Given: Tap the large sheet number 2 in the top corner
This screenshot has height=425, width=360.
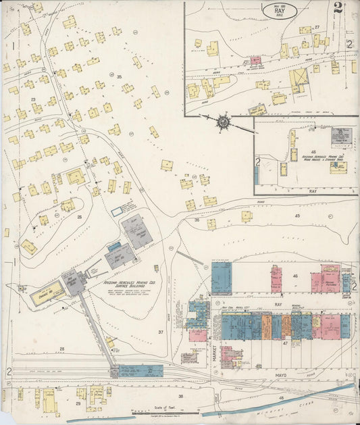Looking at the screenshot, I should point(337,9).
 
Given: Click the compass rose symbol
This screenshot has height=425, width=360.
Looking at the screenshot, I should point(224,122).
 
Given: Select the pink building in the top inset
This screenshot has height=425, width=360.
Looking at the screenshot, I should point(256,61).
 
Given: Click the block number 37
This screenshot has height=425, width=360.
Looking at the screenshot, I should point(161,332).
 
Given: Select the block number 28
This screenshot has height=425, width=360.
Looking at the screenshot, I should point(61,349).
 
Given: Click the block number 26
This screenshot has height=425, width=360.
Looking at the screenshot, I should point(79,217).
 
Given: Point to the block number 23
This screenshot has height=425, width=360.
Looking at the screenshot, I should point(32,99).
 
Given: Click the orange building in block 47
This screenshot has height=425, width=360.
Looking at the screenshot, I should point(286,326).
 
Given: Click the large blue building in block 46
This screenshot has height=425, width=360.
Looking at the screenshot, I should point(221,278).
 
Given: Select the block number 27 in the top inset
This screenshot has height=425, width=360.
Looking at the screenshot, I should point(316,27).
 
